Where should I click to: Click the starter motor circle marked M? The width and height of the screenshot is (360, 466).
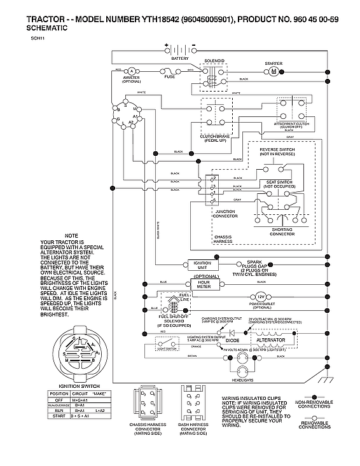click(273, 72)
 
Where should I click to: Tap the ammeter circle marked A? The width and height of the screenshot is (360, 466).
click(131, 71)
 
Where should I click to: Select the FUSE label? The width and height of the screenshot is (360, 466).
click(169, 78)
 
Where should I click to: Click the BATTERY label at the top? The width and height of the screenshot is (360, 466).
click(180, 58)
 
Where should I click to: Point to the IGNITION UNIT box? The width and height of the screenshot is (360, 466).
click(201, 265)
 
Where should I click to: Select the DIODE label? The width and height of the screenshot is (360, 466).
click(233, 340)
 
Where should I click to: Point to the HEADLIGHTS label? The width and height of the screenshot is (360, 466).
click(260, 380)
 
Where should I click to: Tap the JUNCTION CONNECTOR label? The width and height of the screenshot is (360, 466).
click(225, 214)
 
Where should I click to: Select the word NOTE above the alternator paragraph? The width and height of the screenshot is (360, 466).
click(71, 236)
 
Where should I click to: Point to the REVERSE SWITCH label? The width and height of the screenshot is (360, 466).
click(278, 149)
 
